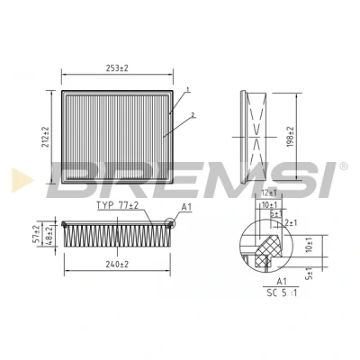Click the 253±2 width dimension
coord(117,68)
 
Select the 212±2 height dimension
coord(46,137)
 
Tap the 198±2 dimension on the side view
coord(291,137)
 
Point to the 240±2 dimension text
coord(117,265)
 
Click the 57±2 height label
coord(36,234)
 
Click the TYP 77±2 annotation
coord(117,205)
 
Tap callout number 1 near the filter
coord(188,89)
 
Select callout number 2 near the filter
coord(193,114)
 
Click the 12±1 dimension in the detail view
coord(268,193)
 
